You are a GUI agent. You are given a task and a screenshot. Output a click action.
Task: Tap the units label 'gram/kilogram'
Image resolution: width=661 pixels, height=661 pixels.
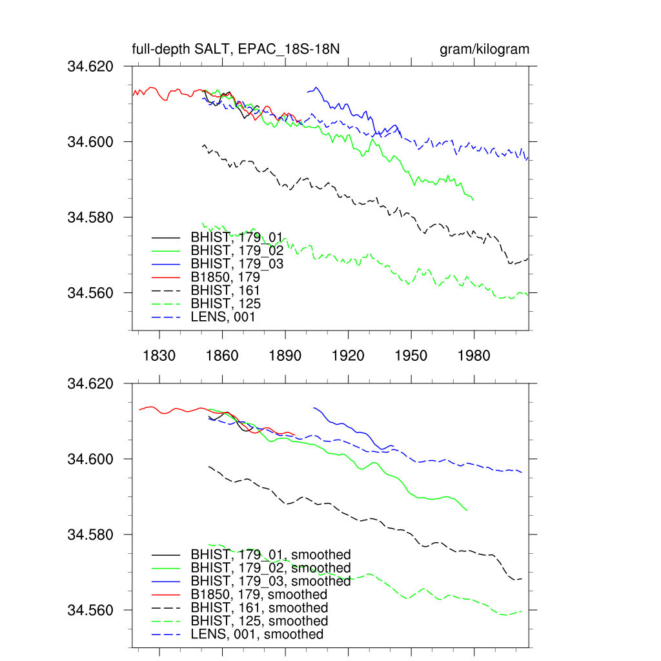click(484, 50)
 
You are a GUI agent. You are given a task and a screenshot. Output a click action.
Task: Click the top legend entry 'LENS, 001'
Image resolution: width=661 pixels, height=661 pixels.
click(223, 317)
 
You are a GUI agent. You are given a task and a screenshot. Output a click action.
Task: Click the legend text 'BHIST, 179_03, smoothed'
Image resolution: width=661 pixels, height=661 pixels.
click(270, 581)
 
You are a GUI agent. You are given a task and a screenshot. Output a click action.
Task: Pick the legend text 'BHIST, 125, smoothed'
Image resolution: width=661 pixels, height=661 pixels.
click(259, 621)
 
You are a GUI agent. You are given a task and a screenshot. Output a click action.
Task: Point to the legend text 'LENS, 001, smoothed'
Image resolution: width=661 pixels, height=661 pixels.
click(257, 635)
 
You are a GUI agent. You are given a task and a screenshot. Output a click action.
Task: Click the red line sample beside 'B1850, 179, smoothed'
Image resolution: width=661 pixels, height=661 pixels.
click(167, 595)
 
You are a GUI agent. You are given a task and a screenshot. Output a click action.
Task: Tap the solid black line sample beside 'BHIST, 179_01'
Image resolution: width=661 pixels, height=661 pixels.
click(166, 237)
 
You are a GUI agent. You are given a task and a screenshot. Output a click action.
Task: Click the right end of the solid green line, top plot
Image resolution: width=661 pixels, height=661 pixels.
click(474, 200)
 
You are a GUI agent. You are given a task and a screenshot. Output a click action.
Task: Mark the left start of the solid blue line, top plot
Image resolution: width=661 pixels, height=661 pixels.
click(307, 92)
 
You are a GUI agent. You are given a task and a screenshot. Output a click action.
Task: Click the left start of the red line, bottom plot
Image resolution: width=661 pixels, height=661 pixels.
click(139, 409)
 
